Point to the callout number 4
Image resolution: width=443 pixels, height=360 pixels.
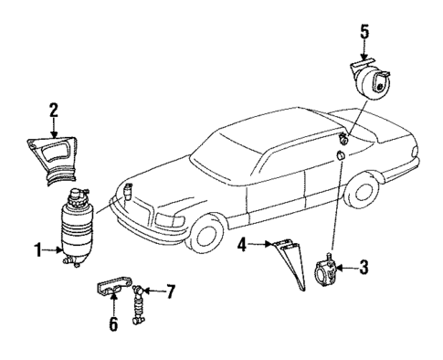(242, 244)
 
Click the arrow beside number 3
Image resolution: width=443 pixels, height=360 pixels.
(350, 268)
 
